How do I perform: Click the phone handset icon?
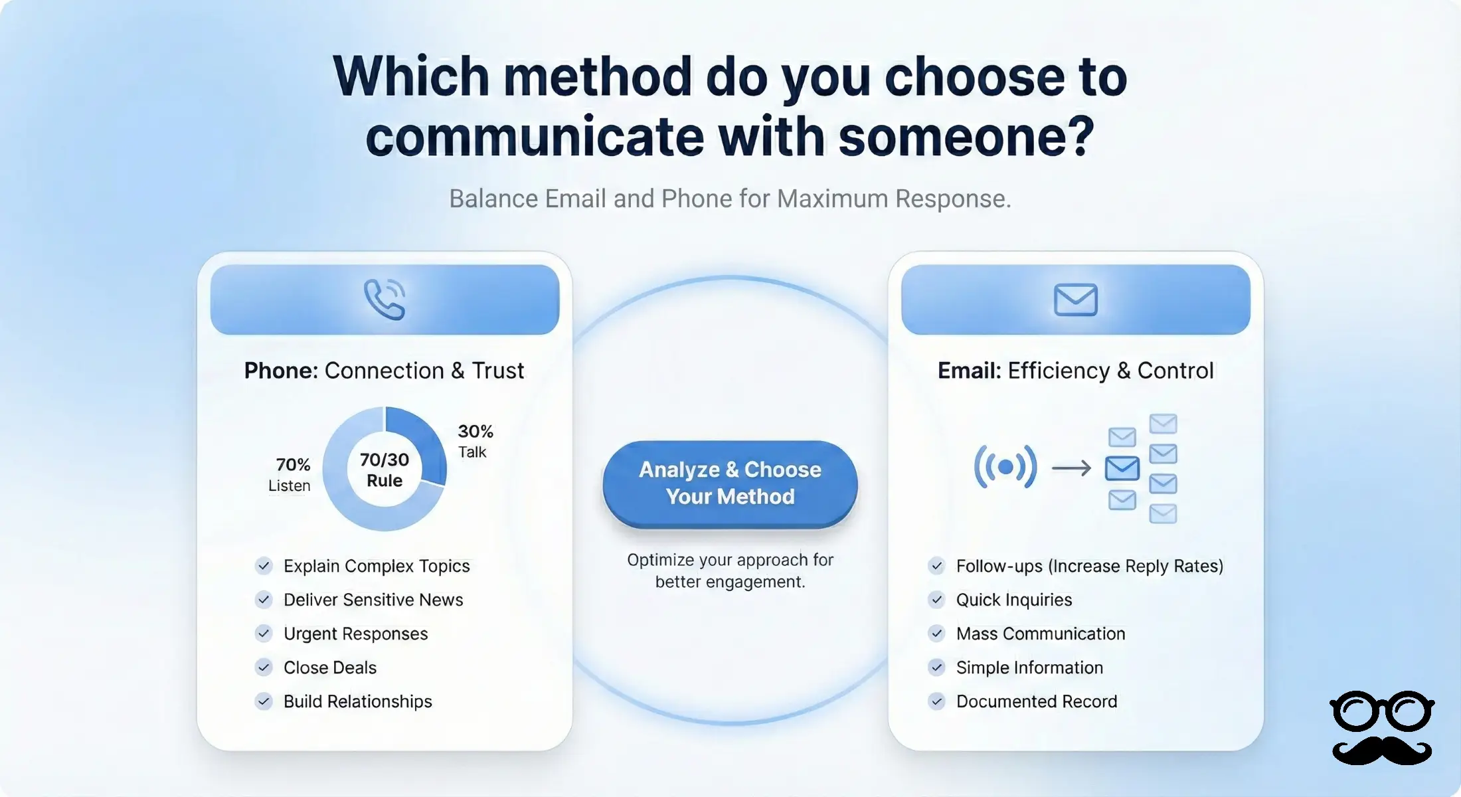click(384, 300)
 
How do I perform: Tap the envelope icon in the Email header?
click(1075, 300)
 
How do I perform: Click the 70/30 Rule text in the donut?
click(385, 470)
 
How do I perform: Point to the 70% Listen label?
click(290, 474)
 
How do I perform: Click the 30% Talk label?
click(475, 441)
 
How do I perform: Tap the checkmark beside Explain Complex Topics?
click(264, 566)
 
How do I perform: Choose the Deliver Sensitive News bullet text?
click(373, 600)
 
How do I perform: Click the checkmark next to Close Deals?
click(264, 667)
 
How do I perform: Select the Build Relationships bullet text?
click(357, 701)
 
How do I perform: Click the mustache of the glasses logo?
click(1381, 751)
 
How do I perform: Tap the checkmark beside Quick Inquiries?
click(936, 600)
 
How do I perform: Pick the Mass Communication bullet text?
click(1041, 634)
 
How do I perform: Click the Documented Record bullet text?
click(1037, 701)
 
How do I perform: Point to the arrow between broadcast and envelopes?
click(1071, 468)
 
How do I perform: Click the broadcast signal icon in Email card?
click(1005, 467)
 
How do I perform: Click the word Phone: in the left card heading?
click(282, 371)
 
